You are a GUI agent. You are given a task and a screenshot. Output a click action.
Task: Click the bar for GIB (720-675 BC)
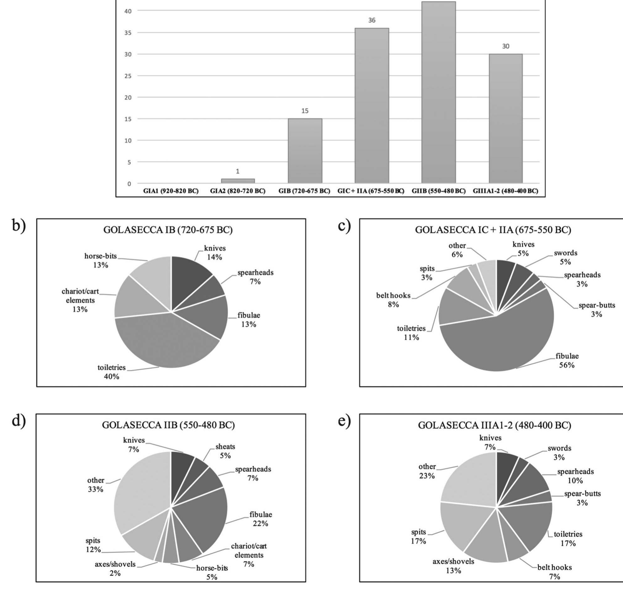(x=305, y=151)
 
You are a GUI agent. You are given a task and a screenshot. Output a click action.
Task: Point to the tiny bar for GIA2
(x=237, y=181)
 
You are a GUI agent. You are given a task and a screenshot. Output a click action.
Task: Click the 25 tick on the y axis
(x=129, y=76)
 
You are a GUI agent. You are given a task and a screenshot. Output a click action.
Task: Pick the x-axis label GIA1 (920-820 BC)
(x=171, y=191)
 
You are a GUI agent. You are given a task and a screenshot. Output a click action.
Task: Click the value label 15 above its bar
(x=305, y=111)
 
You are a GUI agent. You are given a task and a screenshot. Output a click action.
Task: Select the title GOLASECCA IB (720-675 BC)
(x=168, y=230)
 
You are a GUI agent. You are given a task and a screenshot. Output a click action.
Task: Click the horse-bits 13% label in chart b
(x=100, y=260)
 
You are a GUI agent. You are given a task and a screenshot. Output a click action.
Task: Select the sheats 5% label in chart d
(x=225, y=451)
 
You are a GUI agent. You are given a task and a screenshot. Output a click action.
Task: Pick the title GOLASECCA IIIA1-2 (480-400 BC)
(x=495, y=426)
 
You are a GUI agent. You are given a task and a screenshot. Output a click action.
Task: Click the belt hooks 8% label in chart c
(x=393, y=300)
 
